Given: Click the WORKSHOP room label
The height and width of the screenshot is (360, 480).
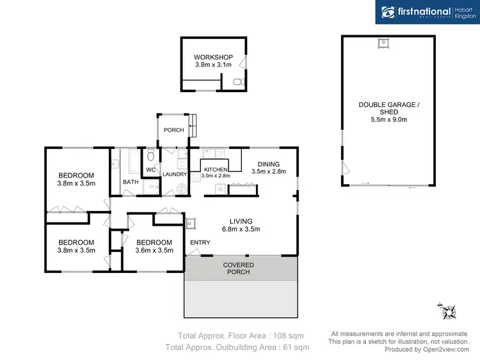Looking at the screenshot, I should point(213,57).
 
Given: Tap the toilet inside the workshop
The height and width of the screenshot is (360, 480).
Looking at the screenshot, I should point(238,82).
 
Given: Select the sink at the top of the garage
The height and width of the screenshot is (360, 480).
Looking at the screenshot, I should point(383,43).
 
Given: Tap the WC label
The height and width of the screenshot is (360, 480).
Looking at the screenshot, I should point(151,170).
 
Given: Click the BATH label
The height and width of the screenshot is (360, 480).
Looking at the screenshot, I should point(131,182).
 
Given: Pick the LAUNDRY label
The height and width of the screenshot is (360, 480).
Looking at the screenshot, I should point(175,174).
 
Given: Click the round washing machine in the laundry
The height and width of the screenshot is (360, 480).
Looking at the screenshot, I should point(181,188).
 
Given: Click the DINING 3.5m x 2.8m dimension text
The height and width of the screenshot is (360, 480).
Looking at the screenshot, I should point(265,172).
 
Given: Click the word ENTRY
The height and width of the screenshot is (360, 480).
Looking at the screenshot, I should point(200,242).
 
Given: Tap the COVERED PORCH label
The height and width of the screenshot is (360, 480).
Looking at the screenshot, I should point(238,268).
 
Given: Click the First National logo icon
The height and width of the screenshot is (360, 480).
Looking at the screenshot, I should point(388,12).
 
